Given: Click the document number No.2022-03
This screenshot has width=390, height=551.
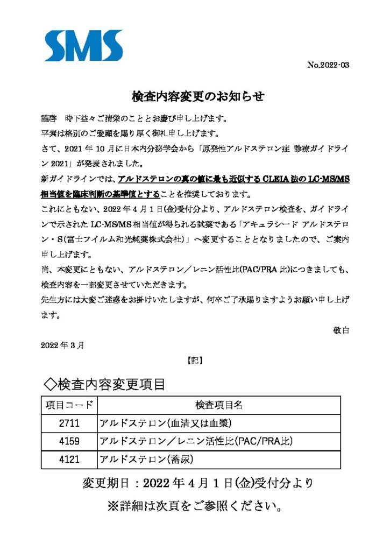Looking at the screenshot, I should coord(328,66).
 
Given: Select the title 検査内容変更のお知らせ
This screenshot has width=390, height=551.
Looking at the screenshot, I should coord(198,97).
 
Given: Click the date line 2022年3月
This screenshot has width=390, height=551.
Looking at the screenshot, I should coord(62,345).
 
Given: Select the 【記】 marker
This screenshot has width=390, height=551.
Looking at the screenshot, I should coord(195,362).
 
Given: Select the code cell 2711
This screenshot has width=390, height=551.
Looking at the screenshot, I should coord(69,423).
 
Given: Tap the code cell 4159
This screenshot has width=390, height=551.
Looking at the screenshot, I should coord(69,442).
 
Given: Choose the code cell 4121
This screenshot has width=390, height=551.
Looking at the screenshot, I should coord(69,460).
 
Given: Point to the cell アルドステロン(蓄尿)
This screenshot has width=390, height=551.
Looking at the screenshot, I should coord(146,460).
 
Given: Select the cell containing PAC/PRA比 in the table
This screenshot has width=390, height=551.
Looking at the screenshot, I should coord(196,442).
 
